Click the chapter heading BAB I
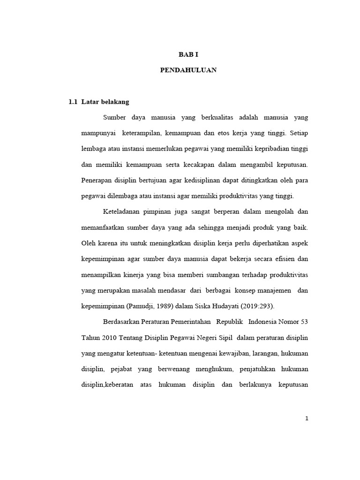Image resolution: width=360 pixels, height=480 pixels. pyautogui.click(x=188, y=55)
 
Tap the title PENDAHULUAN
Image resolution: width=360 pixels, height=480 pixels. pyautogui.click(x=188, y=70)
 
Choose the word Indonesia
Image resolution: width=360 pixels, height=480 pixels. pyautogui.click(x=264, y=322)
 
